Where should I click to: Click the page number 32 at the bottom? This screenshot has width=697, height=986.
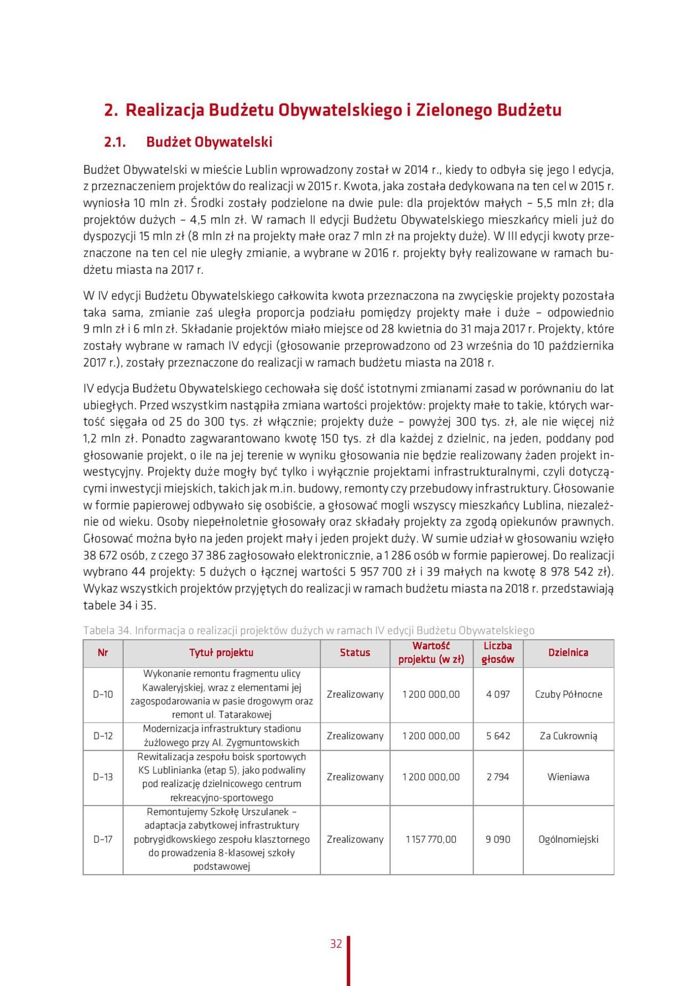click(336, 944)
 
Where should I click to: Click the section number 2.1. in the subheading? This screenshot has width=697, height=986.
click(115, 142)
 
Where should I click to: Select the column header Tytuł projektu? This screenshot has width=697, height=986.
click(221, 652)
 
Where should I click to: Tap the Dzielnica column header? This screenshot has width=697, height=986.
click(568, 652)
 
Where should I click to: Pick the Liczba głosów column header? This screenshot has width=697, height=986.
click(498, 652)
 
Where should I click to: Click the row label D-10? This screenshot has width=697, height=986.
click(103, 694)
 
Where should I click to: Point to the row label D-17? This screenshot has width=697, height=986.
click(103, 839)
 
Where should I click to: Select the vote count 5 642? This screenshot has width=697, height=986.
click(498, 736)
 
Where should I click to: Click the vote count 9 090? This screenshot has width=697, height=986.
click(498, 839)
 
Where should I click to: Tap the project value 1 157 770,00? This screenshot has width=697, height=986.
click(431, 839)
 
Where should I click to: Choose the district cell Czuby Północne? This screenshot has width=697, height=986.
click(568, 694)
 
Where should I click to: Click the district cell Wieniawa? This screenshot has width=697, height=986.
click(568, 777)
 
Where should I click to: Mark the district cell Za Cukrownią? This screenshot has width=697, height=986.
click(568, 736)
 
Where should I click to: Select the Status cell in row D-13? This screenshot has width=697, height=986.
click(355, 777)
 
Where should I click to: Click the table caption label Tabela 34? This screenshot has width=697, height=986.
click(107, 630)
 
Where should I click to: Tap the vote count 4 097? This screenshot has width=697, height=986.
click(498, 694)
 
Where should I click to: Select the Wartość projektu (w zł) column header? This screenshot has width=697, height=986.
click(431, 652)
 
